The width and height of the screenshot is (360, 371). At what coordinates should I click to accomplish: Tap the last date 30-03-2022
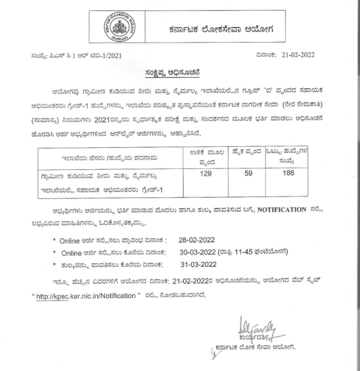[200, 252]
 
